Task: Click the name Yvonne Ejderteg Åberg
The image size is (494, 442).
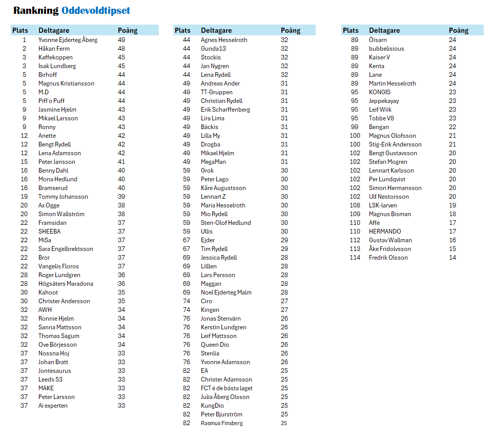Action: (68, 40)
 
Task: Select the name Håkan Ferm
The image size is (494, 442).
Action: (54, 49)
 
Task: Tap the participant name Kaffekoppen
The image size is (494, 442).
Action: (55, 57)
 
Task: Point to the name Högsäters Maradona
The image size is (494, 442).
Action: (66, 284)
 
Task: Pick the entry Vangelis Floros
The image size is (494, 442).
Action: (58, 266)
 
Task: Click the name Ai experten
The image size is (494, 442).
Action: (53, 406)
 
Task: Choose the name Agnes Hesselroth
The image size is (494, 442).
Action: (224, 40)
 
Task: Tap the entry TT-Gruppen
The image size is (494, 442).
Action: (216, 92)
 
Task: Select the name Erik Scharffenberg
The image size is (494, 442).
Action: (225, 110)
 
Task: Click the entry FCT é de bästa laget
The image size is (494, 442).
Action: (227, 388)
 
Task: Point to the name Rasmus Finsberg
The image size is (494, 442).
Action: (221, 423)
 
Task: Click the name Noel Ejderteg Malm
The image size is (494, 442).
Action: (226, 292)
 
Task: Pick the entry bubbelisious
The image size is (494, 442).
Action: (386, 49)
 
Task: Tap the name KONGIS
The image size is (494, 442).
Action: (380, 92)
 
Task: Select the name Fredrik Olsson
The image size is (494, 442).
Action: (388, 258)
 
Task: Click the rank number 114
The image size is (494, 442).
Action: (355, 258)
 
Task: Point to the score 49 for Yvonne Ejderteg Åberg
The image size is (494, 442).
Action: (121, 40)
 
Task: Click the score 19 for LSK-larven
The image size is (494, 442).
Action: (452, 205)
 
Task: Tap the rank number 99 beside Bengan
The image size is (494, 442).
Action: (355, 127)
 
